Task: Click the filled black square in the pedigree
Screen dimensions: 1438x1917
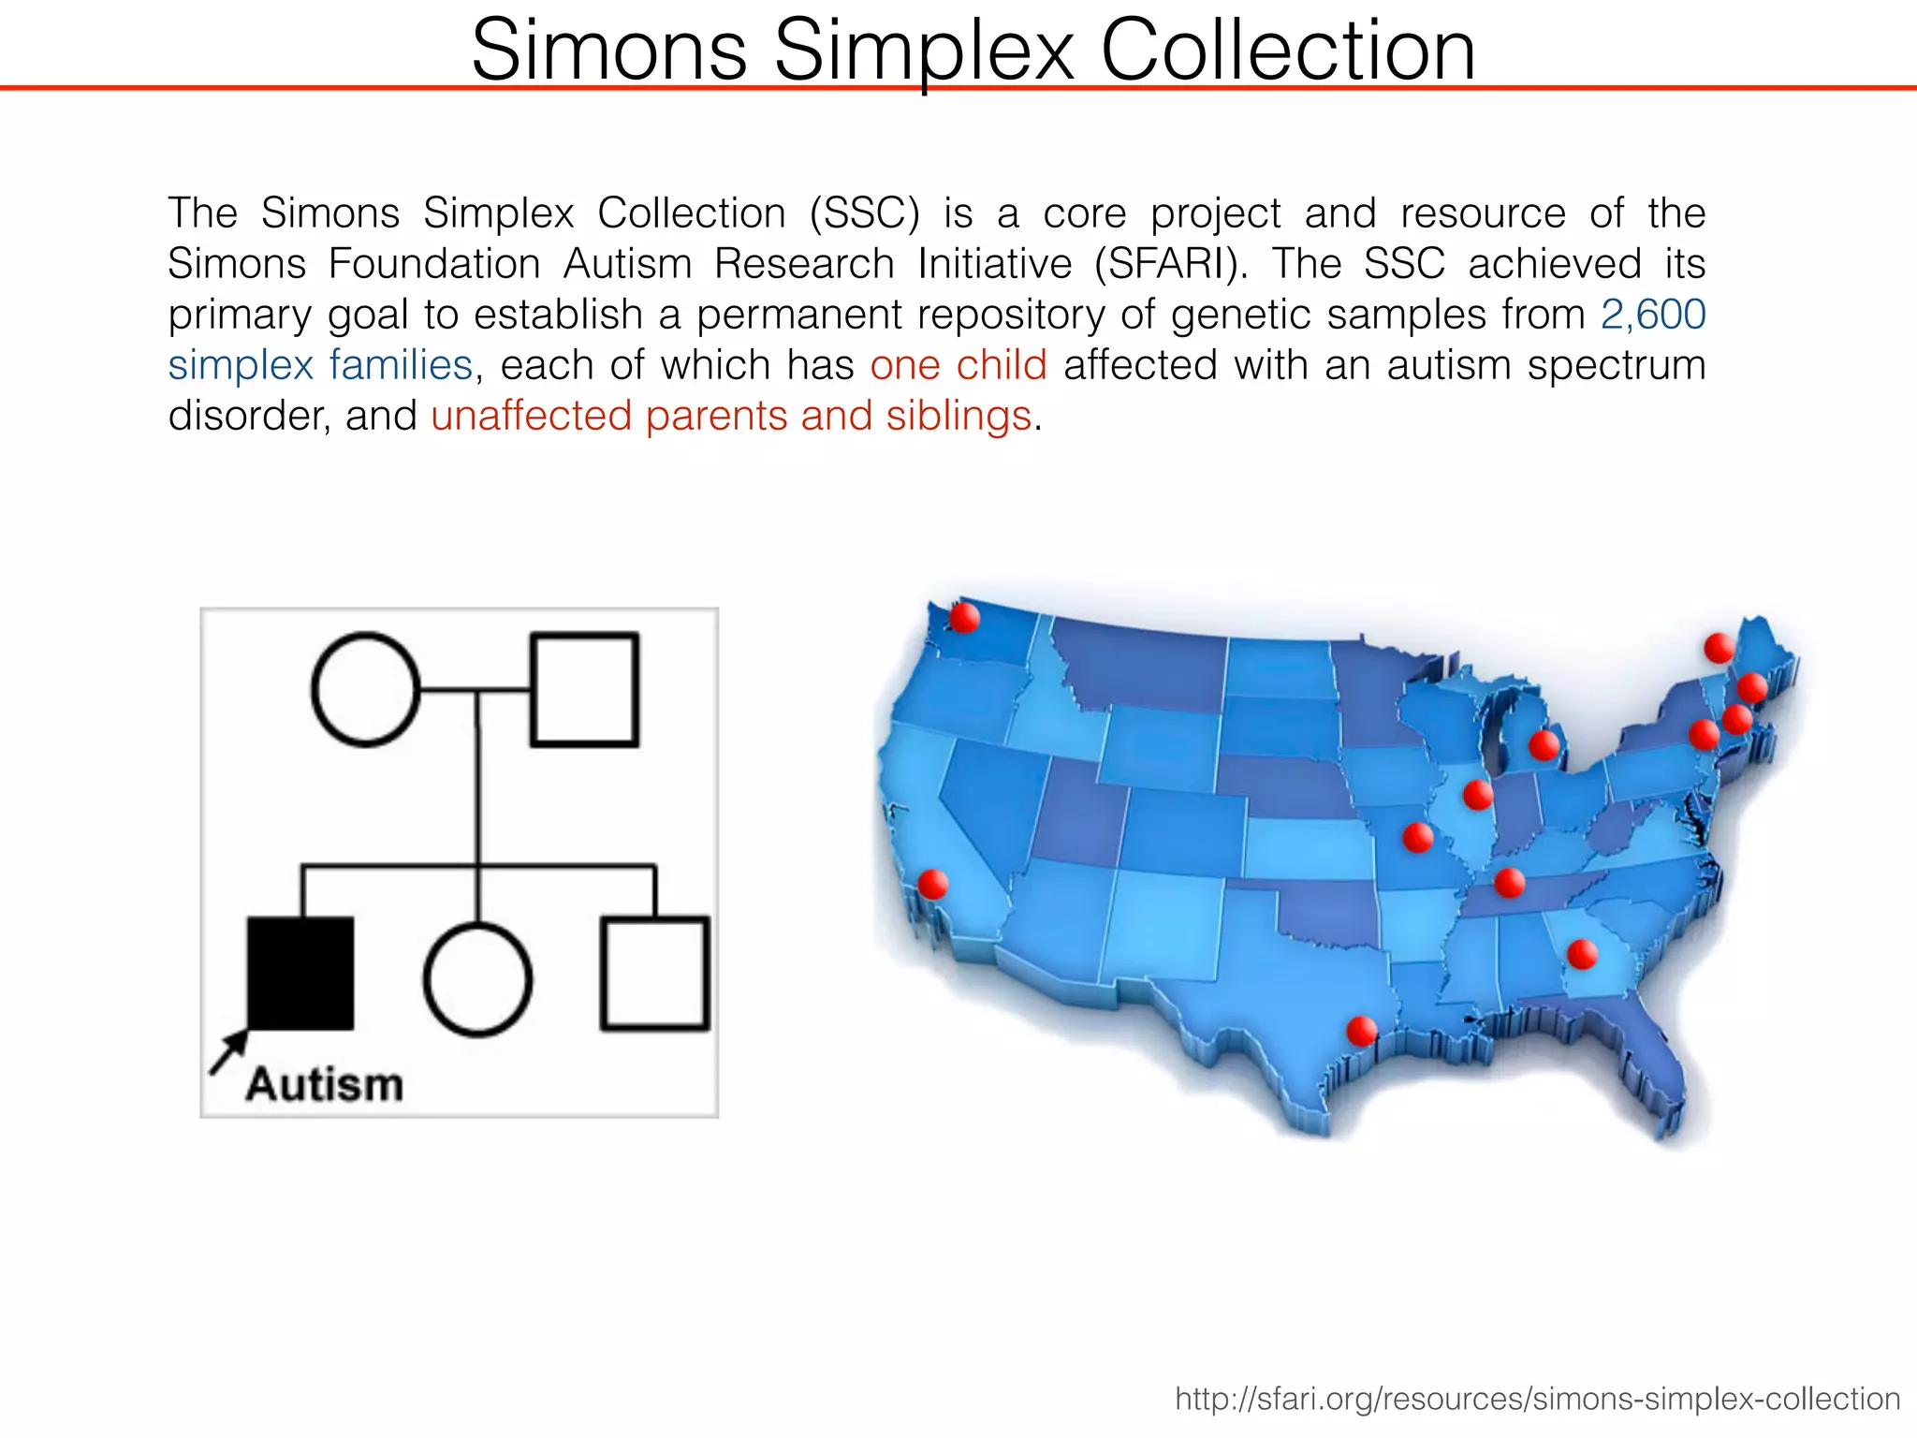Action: point(300,973)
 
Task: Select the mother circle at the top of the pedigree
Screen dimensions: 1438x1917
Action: point(365,690)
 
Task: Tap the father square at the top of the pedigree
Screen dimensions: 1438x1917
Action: point(585,690)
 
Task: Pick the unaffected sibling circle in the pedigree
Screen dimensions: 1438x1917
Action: point(477,979)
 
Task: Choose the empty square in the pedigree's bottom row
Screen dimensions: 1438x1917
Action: point(654,974)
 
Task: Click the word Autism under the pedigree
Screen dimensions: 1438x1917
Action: point(325,1085)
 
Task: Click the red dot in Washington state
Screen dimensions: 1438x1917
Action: point(964,618)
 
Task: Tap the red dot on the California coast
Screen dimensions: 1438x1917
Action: point(932,884)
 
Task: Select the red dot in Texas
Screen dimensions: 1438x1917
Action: point(1361,1031)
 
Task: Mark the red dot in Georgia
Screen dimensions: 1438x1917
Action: point(1582,954)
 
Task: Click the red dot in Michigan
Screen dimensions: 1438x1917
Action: point(1544,745)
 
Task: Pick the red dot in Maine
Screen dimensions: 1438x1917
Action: point(1719,647)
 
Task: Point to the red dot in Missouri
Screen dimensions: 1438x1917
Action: point(1418,837)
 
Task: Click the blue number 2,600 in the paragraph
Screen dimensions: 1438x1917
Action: point(1653,315)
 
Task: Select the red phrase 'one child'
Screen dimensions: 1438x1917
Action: point(958,365)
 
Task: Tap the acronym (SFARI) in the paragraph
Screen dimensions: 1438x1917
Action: point(1170,264)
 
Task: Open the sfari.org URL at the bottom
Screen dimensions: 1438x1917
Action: point(1537,1399)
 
